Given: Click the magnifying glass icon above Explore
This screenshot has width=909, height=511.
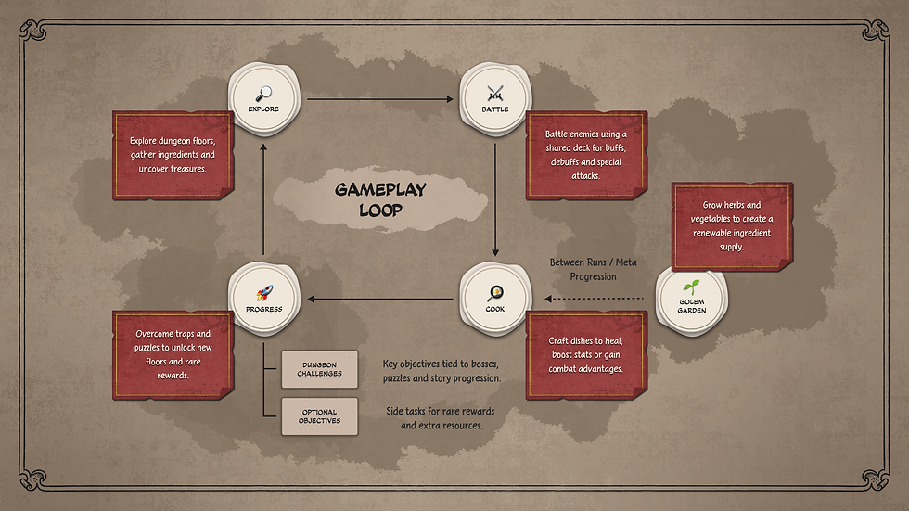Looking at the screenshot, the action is pos(263,94).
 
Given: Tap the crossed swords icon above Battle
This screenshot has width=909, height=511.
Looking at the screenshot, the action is pos(495,94).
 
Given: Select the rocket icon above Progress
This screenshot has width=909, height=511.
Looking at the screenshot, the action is pos(264,293).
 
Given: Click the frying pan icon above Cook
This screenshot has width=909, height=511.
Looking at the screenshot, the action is pos(495,293).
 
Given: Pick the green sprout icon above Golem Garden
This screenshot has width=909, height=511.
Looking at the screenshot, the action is pos(691,287).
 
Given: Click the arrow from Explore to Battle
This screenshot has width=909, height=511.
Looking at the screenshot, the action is pos(380,99).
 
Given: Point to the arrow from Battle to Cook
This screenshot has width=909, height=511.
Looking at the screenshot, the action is pos(495,200).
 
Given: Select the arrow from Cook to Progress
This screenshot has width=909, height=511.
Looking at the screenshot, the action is pos(380,299).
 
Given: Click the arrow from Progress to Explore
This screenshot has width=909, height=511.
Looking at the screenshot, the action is pos(263,199).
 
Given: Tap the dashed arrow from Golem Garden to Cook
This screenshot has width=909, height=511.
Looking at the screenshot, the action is pos(595,299).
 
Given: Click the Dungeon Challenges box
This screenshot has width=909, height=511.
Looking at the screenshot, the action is pos(319,369).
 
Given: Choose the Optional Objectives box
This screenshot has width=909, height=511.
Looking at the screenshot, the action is pos(319,416).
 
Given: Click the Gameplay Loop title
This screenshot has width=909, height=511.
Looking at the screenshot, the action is pos(380,200).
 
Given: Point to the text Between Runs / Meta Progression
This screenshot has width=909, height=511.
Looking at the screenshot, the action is pos(593,269).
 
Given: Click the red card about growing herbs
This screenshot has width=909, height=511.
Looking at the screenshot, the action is pos(732,226).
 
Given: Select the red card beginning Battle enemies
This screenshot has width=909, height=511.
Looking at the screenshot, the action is pos(586,155).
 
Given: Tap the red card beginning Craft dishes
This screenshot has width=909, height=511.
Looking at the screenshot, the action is pos(586,355).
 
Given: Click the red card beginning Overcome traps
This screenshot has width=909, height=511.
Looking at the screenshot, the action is pos(173,355).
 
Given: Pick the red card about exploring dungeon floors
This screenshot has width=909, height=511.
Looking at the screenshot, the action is pos(173,155).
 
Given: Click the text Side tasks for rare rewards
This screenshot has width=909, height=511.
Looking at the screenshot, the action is pos(441,412).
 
